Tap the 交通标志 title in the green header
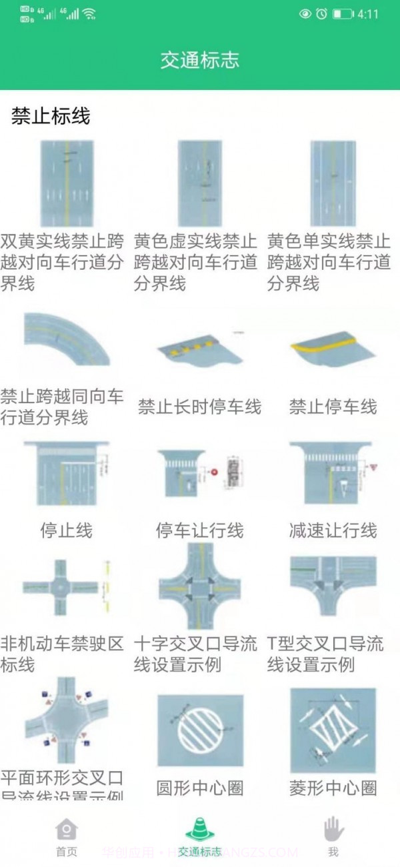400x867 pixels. [x=199, y=61]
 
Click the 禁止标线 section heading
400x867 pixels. [x=51, y=117]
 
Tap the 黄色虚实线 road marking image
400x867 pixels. [x=199, y=183]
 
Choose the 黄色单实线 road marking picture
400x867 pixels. [x=333, y=183]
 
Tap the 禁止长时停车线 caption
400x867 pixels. [x=199, y=407]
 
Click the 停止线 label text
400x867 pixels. [x=66, y=530]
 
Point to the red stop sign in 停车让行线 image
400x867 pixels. [x=215, y=472]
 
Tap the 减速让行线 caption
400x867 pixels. [x=333, y=530]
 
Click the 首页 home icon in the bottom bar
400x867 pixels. [x=66, y=830]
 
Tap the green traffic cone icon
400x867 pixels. [x=199, y=829]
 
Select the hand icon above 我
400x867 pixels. [x=333, y=830]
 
